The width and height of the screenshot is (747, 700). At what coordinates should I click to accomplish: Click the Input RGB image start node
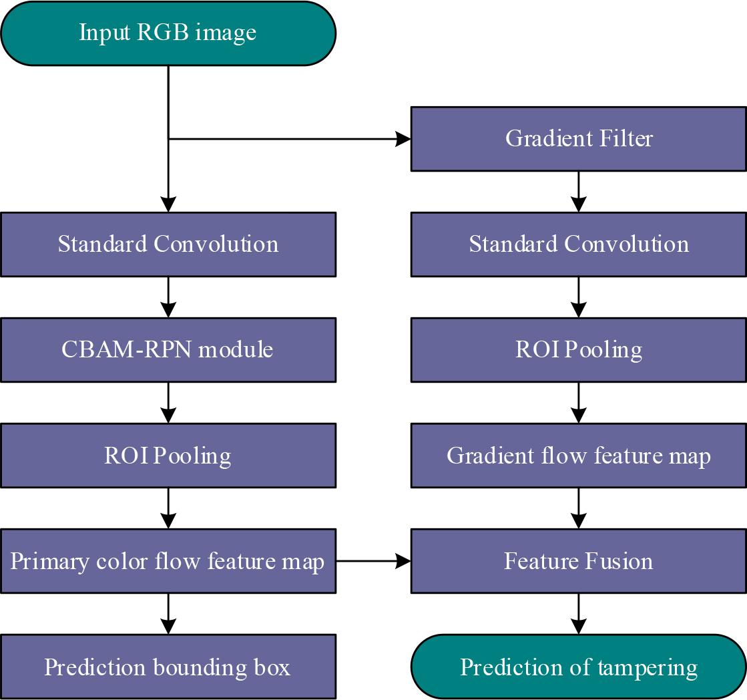168,33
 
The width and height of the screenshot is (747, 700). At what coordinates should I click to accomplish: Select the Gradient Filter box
579,138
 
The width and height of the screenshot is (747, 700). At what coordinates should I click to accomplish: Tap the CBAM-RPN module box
168,349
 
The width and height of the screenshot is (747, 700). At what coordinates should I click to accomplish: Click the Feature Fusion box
579,560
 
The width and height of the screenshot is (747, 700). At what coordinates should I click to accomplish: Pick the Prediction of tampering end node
579,667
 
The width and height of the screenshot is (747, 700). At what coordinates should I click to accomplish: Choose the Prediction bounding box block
168,667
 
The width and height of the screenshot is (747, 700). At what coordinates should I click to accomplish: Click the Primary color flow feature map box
168,560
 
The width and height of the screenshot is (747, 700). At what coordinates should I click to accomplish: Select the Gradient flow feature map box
579,456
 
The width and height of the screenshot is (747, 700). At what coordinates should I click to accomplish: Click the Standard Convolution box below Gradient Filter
579,244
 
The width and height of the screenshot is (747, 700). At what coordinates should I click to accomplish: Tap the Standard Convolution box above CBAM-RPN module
168,244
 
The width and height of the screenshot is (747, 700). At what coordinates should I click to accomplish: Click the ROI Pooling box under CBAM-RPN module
168,456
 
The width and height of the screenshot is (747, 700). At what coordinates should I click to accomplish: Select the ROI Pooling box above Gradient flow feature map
579,349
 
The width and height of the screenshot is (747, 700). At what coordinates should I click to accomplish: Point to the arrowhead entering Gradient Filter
403,139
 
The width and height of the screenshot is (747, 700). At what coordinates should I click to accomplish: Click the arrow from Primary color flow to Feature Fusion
373,561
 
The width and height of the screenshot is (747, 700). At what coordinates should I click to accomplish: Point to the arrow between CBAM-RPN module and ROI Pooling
168,402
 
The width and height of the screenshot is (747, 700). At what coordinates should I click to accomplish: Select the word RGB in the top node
159,33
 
